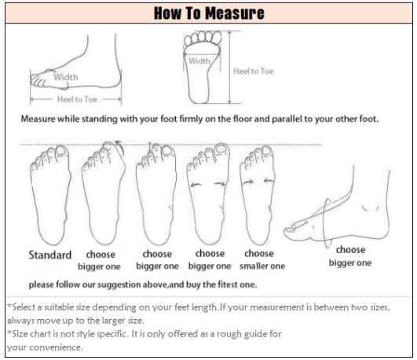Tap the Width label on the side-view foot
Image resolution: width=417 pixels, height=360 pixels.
(x=66, y=77)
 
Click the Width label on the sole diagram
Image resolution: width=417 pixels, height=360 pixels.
(x=199, y=61)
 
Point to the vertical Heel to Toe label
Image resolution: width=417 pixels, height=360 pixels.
(x=254, y=71)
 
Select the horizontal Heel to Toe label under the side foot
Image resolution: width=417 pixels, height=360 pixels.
(x=77, y=99)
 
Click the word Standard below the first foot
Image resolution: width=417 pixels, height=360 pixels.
(x=50, y=255)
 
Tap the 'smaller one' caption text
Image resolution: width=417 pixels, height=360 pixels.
(x=262, y=266)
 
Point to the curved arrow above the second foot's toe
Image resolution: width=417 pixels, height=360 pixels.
(x=119, y=147)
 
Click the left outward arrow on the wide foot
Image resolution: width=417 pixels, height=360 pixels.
(x=196, y=184)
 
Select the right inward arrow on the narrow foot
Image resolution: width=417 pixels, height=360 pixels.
(x=269, y=181)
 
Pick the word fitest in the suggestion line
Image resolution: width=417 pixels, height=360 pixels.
(x=228, y=285)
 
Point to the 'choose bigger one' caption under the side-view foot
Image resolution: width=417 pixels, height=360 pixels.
(x=350, y=256)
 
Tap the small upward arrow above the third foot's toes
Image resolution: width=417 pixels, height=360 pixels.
(x=150, y=147)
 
